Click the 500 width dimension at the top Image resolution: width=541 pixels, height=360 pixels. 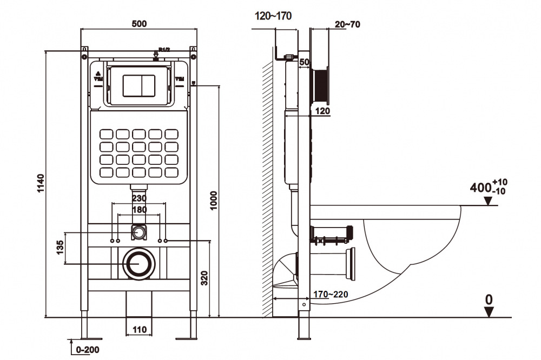(140, 24)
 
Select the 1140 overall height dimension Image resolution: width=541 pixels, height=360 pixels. (39, 184)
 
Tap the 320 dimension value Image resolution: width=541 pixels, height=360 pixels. (203, 278)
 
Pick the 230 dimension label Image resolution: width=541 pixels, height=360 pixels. (139, 198)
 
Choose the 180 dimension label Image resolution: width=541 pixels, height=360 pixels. (139, 210)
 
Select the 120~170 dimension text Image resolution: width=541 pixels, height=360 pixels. (273, 16)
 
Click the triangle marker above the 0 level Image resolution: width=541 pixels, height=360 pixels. (489, 311)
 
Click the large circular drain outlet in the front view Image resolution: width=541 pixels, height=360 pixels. (139, 264)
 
